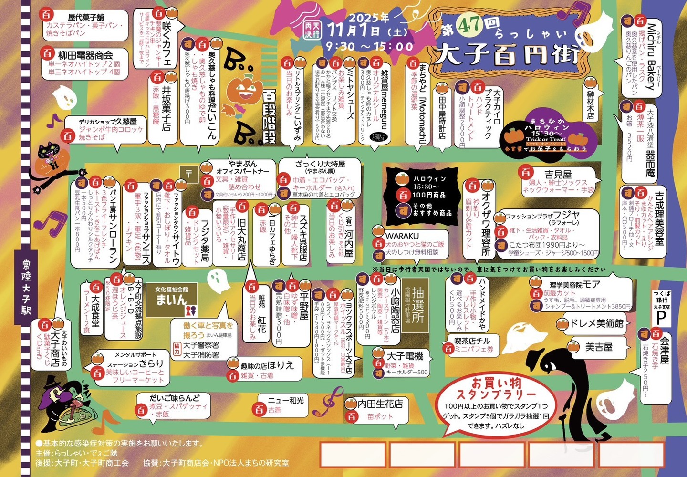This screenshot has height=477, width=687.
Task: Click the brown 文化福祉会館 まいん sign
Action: [x=171, y=301]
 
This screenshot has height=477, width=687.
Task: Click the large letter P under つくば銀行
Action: [x=661, y=317]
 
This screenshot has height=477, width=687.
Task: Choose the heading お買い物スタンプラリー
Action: [x=497, y=389]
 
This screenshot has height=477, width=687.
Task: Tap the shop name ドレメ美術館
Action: [x=596, y=323]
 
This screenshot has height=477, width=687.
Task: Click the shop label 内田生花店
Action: [x=380, y=404]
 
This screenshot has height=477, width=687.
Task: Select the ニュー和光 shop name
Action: [x=286, y=400]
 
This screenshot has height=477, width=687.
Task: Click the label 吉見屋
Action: [x=558, y=175]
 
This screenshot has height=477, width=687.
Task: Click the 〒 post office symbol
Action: [x=189, y=174]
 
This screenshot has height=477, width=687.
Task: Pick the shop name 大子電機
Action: [x=405, y=356]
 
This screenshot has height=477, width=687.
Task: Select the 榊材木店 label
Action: [x=591, y=105]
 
